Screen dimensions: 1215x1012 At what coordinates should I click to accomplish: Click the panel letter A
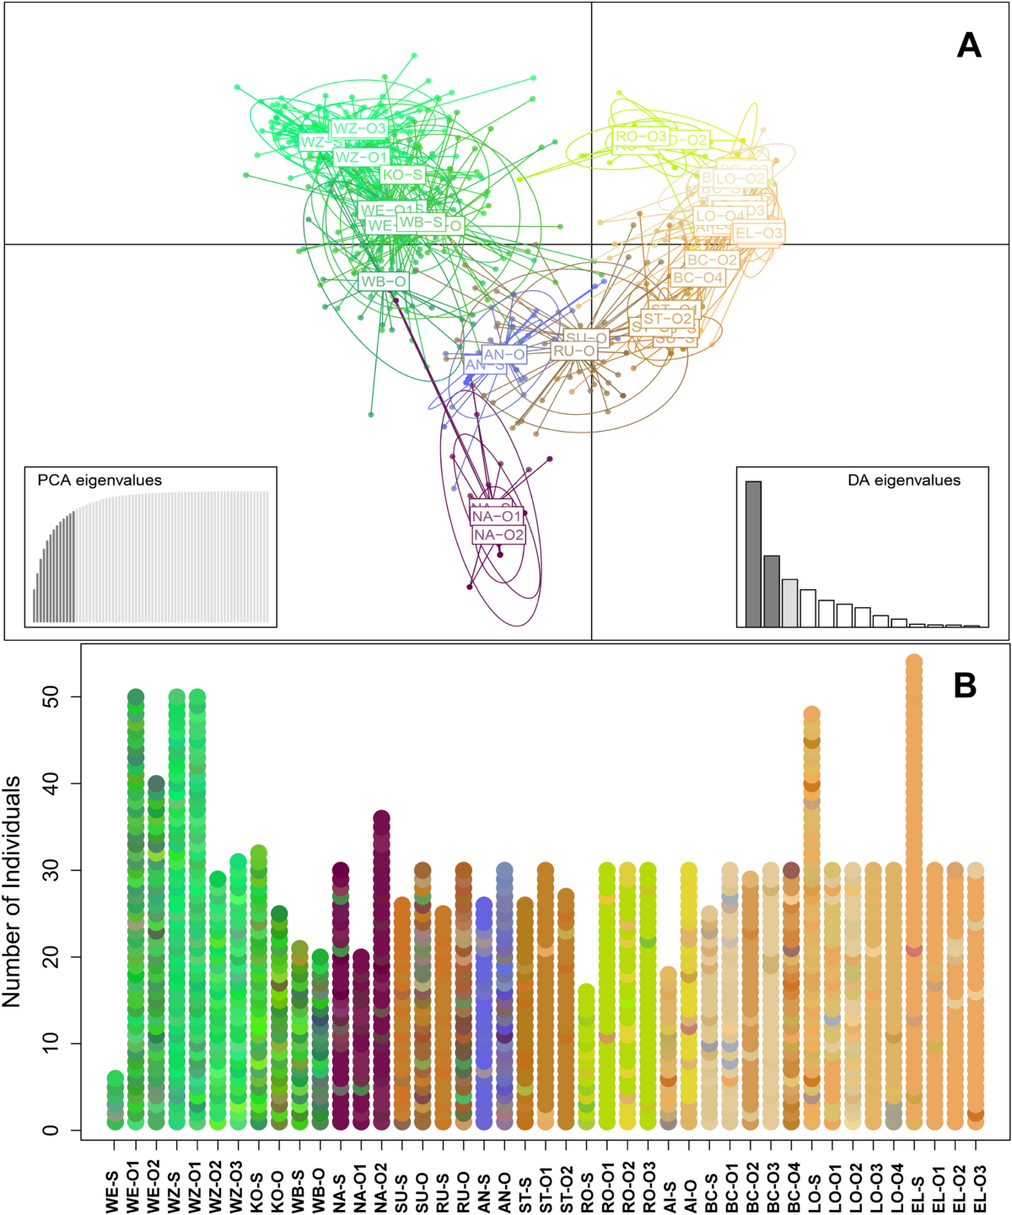coord(969,45)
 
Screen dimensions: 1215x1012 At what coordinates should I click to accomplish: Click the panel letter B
coord(965,685)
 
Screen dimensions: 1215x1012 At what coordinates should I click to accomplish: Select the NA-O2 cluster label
coord(498,535)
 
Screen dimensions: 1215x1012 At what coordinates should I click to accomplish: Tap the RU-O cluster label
coord(573,351)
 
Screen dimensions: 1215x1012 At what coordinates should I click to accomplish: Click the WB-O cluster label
coord(384,282)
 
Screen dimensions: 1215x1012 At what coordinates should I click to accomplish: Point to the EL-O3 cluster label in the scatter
coord(759,234)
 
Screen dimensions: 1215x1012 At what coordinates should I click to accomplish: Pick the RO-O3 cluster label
coord(641,137)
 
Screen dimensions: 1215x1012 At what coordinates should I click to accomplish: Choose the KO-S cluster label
coord(402,175)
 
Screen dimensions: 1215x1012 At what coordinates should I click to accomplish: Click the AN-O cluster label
coord(504,355)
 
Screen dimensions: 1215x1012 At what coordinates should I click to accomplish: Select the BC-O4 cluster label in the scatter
coord(697,277)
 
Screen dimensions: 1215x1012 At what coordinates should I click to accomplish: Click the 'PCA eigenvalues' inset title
coord(100,481)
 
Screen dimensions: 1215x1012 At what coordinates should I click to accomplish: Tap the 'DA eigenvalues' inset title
coord(903,481)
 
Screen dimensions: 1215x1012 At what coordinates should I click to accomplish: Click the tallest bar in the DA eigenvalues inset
coord(753,553)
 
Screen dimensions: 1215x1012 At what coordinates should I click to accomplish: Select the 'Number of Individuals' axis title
coord(12,892)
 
